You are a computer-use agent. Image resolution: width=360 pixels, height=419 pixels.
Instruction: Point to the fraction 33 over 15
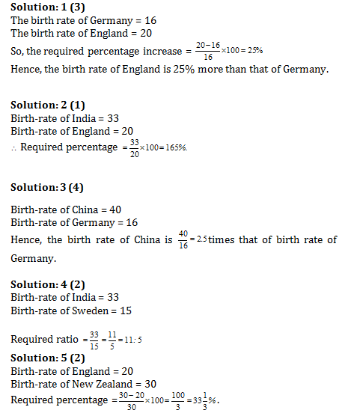[94, 339]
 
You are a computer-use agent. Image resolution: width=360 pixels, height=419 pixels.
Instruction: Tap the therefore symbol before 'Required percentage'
[13, 147]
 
